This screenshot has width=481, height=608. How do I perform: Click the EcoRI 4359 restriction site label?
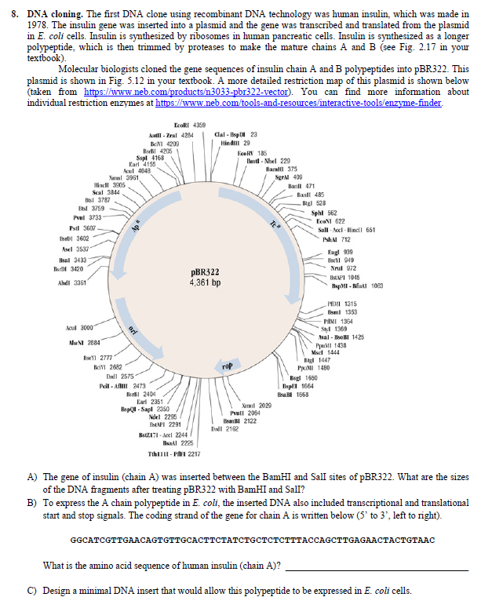point(190,126)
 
